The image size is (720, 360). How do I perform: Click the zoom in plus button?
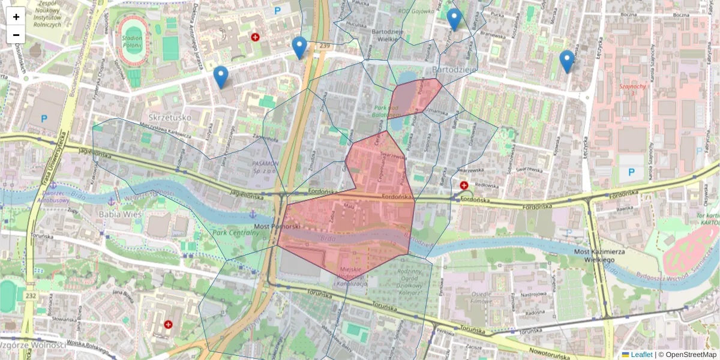pos(16,17)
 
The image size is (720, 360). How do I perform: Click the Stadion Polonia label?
pos(131,41)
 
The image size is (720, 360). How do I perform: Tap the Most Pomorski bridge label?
pos(277,227)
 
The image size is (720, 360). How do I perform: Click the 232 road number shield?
pos(31,296)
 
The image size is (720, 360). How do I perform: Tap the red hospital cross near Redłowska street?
pos(464,185)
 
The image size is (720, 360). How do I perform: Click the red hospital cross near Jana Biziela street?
pos(168,324)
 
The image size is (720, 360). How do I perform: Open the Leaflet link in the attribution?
pos(641,355)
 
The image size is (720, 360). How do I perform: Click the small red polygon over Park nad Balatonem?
pos(415,97)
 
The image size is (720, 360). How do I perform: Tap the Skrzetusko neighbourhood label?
pos(169,117)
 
